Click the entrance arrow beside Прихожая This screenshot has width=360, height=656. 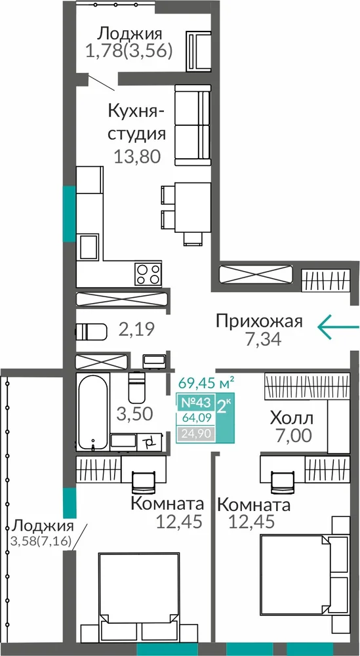tap(338, 326)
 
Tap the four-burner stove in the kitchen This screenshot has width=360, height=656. tap(148, 274)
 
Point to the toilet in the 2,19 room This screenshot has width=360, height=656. tap(91, 333)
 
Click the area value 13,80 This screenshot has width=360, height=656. tap(138, 157)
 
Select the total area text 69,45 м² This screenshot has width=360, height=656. tap(205, 383)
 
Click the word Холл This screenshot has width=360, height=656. tap(292, 419)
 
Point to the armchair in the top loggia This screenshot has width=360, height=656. tap(199, 51)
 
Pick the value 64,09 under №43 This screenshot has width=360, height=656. tap(195, 417)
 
